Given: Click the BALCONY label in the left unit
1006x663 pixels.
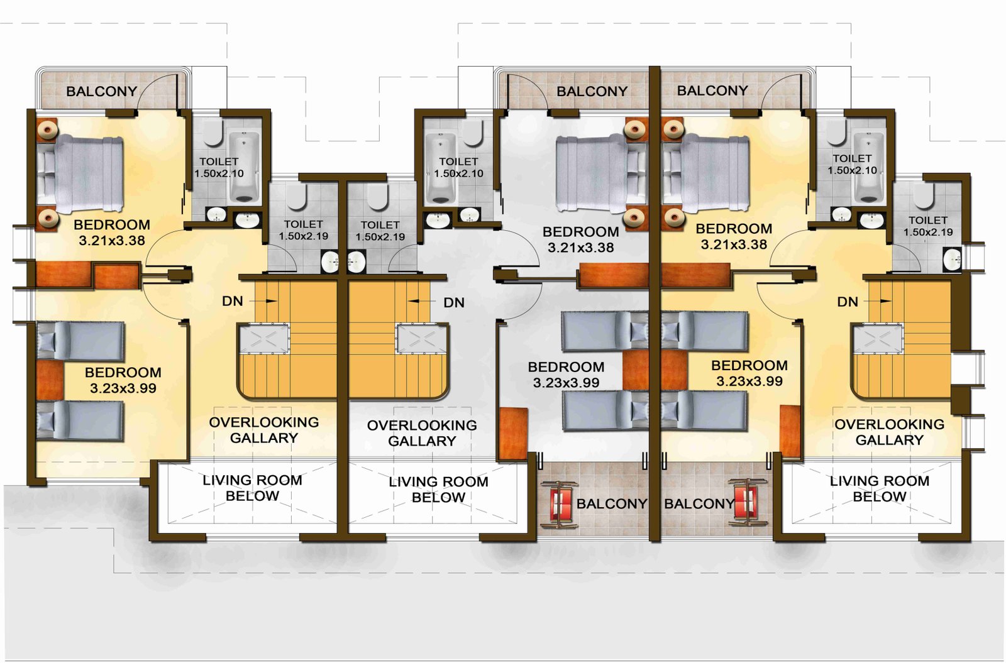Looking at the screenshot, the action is point(101,92).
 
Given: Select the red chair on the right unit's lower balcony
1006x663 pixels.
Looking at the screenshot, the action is point(746,502).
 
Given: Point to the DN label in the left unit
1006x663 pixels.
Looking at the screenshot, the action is point(232,301).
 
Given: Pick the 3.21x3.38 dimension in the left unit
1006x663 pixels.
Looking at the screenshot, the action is point(112,241).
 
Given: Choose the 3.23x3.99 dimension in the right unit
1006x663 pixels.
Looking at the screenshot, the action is point(749,381).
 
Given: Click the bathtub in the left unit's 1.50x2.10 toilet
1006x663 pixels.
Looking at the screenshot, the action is point(245,167).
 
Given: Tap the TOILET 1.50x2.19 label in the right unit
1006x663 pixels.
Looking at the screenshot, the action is point(928,226).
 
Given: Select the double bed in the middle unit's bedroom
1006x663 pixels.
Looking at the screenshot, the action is point(592,172).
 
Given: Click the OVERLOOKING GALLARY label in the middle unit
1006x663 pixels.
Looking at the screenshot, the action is point(422,433).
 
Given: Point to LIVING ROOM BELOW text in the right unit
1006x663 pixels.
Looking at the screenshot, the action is point(880,489).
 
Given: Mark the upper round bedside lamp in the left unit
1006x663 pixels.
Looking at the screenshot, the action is point(47,130).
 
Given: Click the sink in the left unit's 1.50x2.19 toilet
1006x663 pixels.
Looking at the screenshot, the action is point(331,261).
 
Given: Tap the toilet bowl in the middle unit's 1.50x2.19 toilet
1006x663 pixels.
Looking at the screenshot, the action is point(377,197).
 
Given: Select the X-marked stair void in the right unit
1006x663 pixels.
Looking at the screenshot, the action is point(878,339).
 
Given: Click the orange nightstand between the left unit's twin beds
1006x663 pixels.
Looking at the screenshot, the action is point(50,380).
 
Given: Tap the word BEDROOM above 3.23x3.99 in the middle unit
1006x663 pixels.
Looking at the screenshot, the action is point(566,367).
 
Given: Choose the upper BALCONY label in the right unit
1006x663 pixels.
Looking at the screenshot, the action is point(712,90).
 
